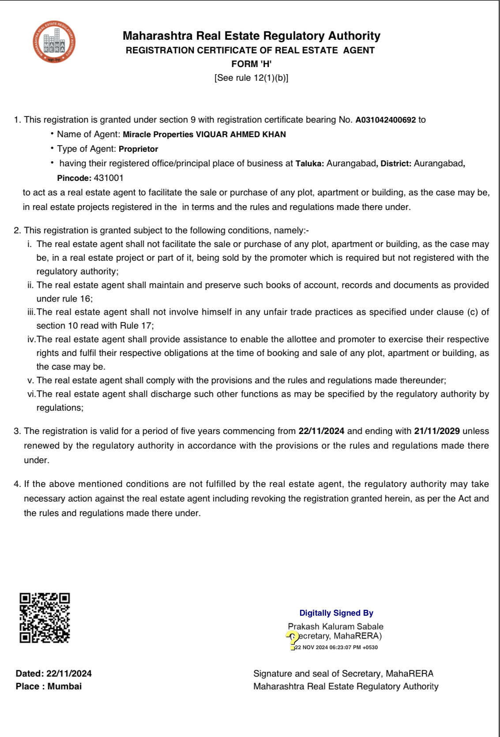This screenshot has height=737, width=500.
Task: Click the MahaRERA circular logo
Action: pyautogui.click(x=54, y=42)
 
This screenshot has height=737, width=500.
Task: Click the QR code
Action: pyautogui.click(x=45, y=617)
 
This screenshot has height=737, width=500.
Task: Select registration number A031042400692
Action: pyautogui.click(x=385, y=120)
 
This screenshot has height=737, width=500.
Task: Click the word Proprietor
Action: pyautogui.click(x=138, y=149)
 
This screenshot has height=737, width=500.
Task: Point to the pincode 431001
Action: pyautogui.click(x=109, y=178)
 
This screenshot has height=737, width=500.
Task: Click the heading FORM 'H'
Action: pyautogui.click(x=251, y=64)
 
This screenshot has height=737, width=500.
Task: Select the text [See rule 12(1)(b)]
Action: pyautogui.click(x=251, y=78)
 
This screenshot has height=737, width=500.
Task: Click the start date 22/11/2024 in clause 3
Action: pyautogui.click(x=321, y=431)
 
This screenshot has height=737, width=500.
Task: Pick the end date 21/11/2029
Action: pyautogui.click(x=437, y=431)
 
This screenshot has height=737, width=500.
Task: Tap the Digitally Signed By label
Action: pyautogui.click(x=336, y=613)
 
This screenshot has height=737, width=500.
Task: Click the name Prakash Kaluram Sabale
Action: pyautogui.click(x=335, y=626)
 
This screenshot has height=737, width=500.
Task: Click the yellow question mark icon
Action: pyautogui.click(x=292, y=638)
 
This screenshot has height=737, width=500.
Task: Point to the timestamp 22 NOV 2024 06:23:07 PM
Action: pyautogui.click(x=336, y=647)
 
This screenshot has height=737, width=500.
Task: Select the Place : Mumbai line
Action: pyautogui.click(x=49, y=686)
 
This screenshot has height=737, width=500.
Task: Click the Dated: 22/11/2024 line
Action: pyautogui.click(x=53, y=673)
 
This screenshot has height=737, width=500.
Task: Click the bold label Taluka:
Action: pyautogui.click(x=309, y=164)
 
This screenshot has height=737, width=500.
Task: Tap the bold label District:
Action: pyautogui.click(x=396, y=164)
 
